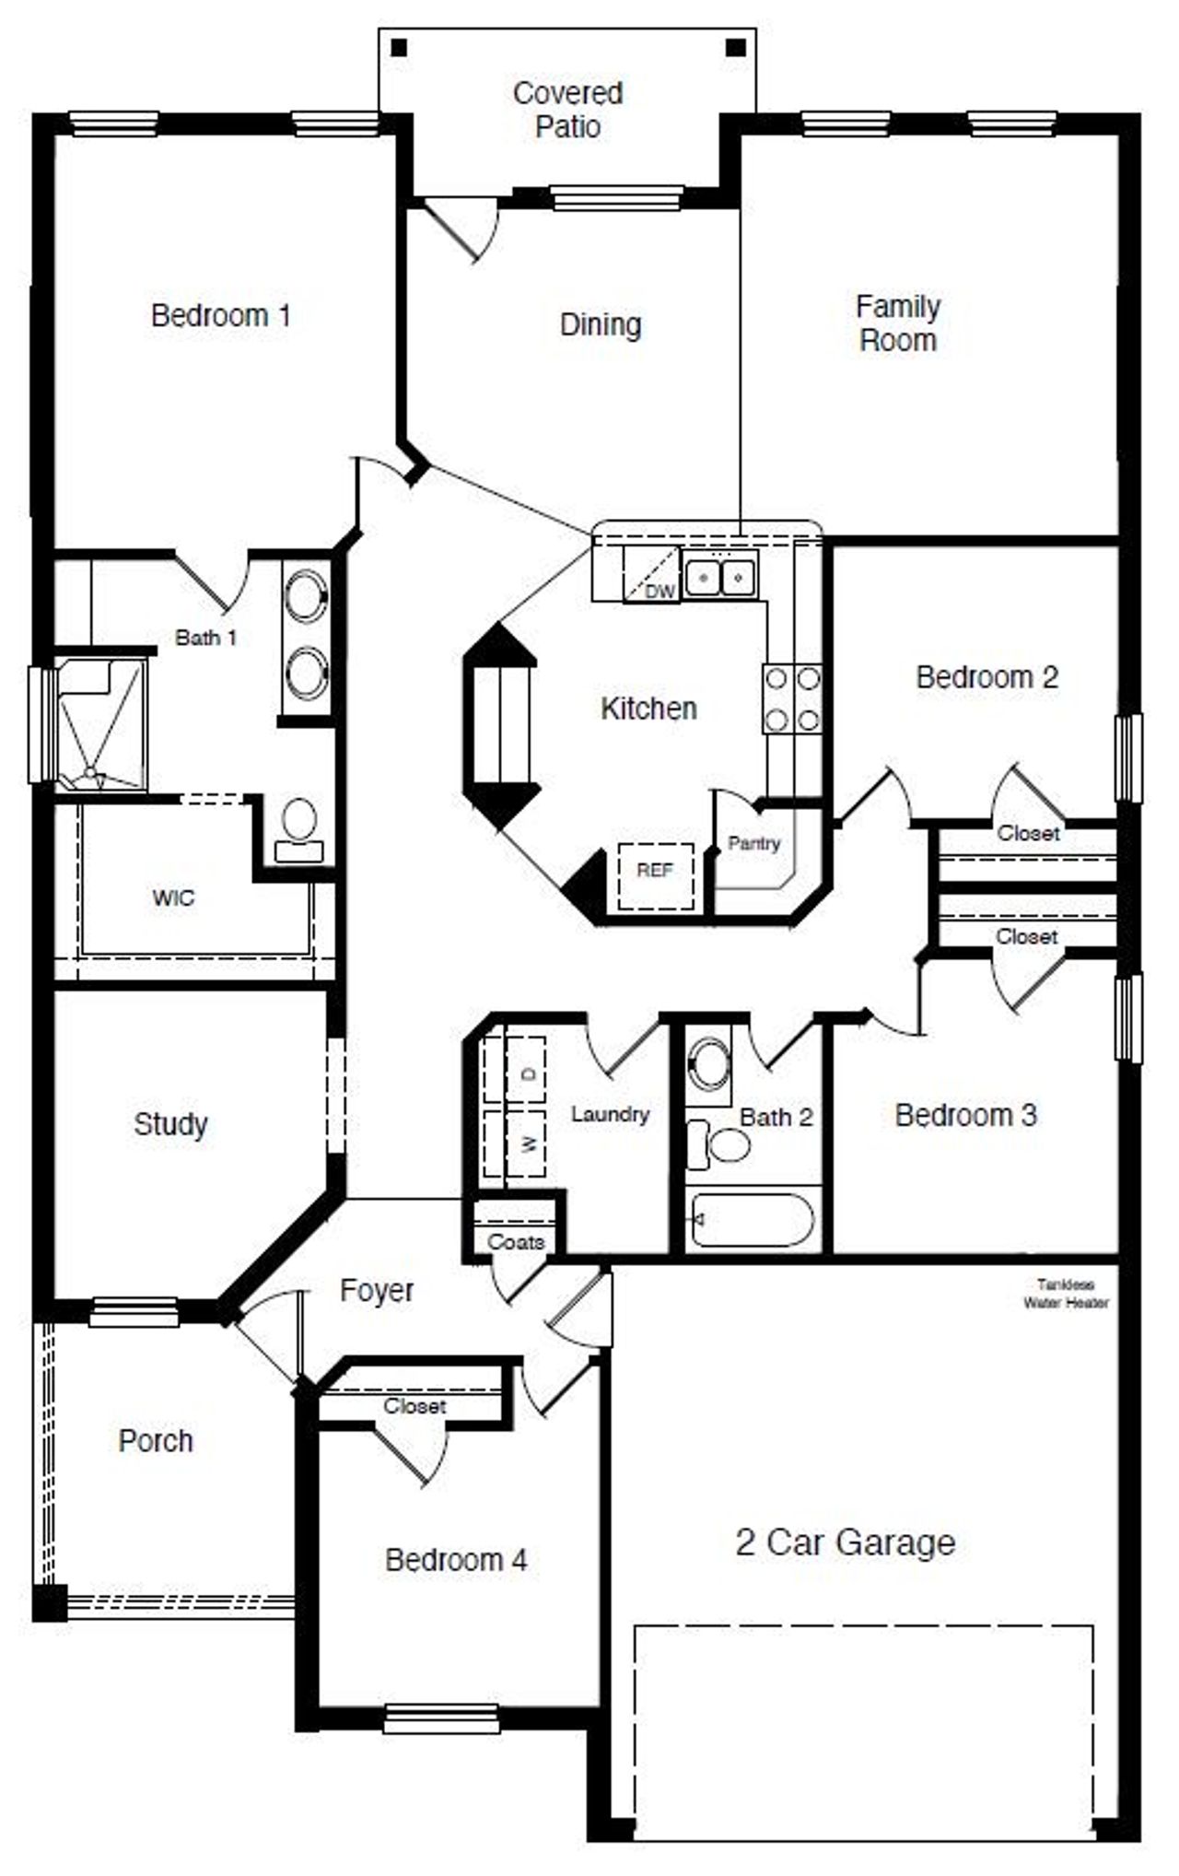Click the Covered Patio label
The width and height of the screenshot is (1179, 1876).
point(567,110)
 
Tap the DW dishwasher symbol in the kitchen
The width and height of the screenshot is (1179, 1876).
point(652,578)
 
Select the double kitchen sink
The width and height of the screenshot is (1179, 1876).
point(720,578)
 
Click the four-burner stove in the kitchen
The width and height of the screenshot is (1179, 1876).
point(792,698)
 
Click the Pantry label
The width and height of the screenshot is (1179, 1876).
point(753,843)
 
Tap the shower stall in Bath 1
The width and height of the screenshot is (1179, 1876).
point(99,724)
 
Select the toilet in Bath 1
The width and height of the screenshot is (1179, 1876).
point(299,828)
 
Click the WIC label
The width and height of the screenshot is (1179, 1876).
point(173,897)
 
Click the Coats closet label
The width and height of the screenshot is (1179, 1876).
point(516,1242)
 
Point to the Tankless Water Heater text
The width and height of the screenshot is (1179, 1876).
point(1066,1294)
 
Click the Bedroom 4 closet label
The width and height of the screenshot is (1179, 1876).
point(414,1406)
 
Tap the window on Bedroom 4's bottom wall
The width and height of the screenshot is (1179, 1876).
point(441,1718)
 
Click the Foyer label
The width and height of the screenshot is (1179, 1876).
point(376,1290)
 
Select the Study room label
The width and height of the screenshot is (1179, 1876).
point(170,1124)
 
